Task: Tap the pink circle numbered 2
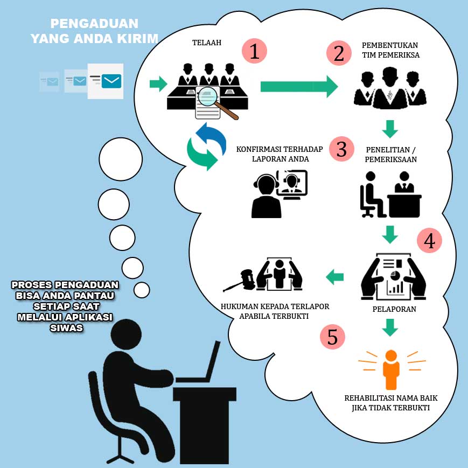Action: [339, 54]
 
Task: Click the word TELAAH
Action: [207, 43]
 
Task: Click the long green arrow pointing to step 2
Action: [298, 87]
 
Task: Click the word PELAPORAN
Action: [391, 310]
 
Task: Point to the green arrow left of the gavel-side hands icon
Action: [334, 277]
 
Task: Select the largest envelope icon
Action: [106, 81]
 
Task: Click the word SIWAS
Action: [65, 327]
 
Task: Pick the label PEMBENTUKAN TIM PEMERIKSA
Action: [390, 49]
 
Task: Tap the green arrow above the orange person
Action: [390, 327]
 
